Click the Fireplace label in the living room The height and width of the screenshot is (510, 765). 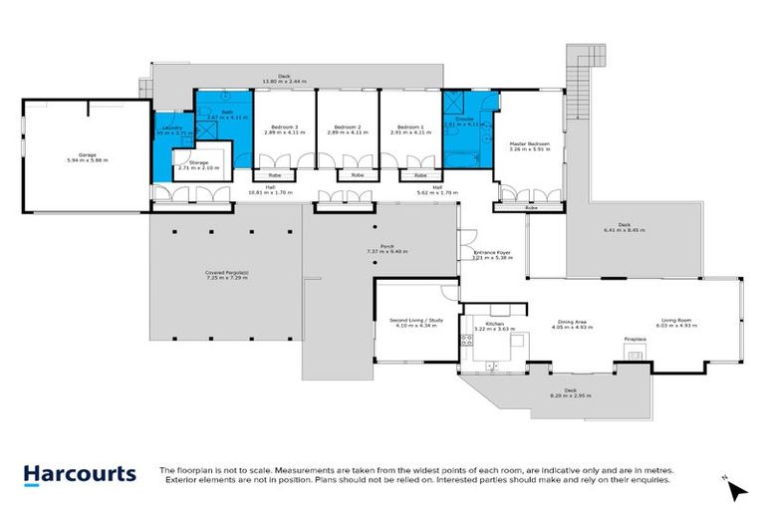pos(636,341)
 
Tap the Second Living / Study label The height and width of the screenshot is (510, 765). pos(414,321)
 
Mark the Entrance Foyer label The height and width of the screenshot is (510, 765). pos(492,253)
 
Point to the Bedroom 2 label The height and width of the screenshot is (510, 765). pos(347,127)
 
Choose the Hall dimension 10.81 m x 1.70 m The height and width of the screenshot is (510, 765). pos(271,192)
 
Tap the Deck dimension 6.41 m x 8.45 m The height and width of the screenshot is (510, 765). pos(625,230)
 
